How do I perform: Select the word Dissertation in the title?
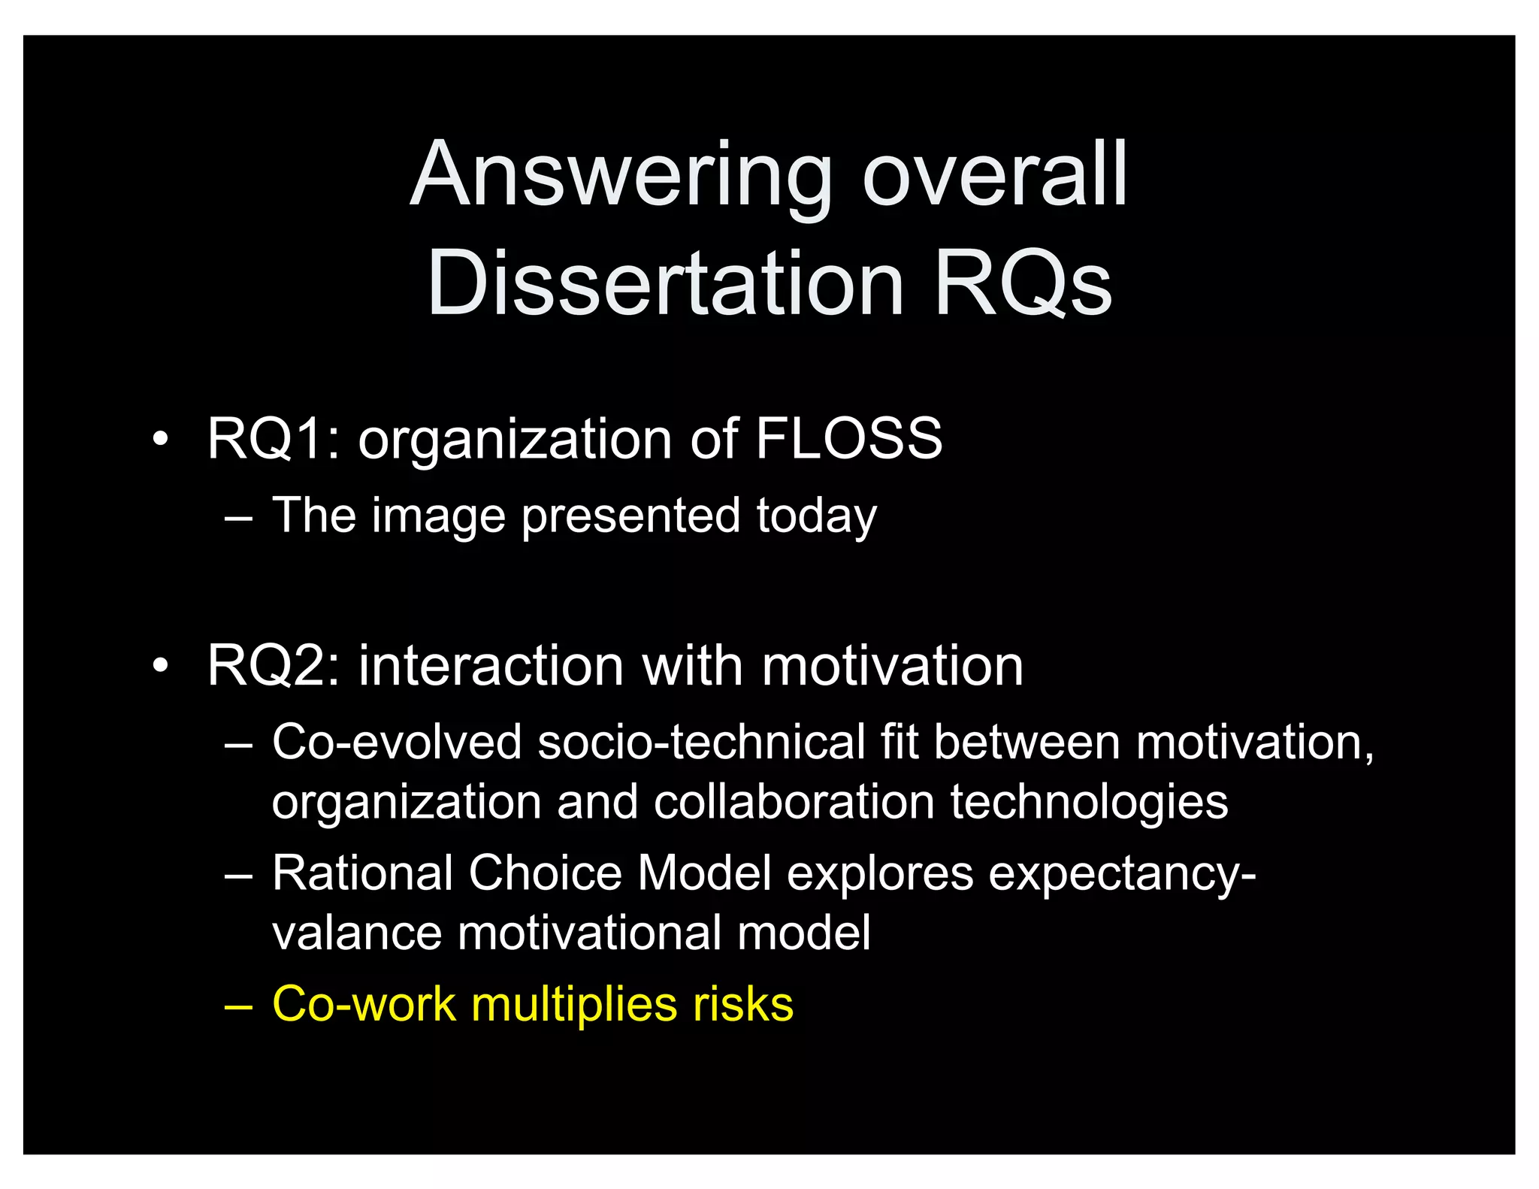pos(665,284)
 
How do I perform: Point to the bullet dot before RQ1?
pos(159,440)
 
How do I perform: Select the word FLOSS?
pos(848,439)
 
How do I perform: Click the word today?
pos(816,516)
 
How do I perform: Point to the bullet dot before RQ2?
pos(159,667)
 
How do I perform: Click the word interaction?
pos(491,666)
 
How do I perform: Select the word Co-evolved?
pos(397,742)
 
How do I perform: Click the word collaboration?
pos(794,802)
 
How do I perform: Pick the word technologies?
pos(1089,802)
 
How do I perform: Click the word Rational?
pos(362,873)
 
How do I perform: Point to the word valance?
pos(356,933)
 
